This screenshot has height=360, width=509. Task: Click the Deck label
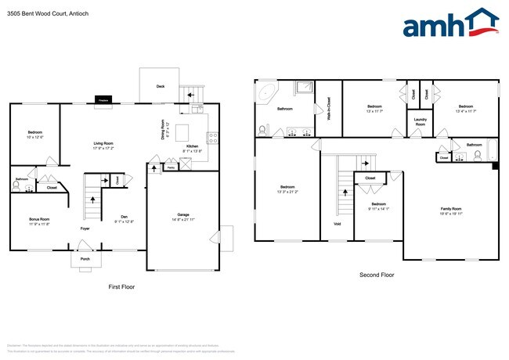click(161, 86)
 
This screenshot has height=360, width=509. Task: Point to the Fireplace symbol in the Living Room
click(102, 99)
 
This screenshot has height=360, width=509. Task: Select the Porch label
click(85, 258)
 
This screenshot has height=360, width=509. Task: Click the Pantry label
click(171, 167)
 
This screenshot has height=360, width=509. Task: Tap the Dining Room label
click(163, 129)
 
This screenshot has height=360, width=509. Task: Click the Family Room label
click(451, 208)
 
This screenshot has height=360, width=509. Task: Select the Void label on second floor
click(336, 224)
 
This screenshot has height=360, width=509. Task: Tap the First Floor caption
click(121, 287)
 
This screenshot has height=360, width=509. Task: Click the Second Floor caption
click(377, 275)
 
